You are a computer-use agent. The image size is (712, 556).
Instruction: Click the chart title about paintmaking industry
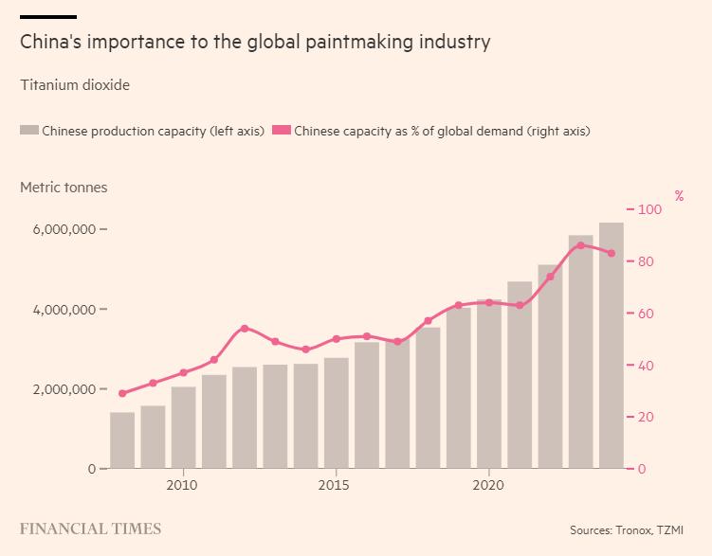click(x=255, y=42)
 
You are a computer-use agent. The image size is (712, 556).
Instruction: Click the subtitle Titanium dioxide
click(x=75, y=85)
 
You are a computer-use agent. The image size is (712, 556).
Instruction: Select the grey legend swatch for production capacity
click(x=29, y=131)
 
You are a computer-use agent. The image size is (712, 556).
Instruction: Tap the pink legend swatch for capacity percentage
click(x=281, y=131)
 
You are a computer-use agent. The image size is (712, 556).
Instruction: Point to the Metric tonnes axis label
click(x=64, y=188)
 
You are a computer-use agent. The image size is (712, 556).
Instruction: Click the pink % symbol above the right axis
click(x=679, y=196)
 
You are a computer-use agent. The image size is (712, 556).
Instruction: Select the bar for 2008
click(x=122, y=440)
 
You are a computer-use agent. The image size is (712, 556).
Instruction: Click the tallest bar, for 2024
click(x=612, y=346)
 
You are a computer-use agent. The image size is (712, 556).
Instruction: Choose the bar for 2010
click(x=183, y=427)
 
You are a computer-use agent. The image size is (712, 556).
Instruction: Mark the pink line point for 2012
click(x=245, y=329)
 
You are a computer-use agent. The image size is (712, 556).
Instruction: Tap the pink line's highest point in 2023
click(x=581, y=245)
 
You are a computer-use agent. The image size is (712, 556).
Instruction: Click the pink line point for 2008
click(x=122, y=393)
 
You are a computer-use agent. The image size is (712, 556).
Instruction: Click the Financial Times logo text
click(x=91, y=529)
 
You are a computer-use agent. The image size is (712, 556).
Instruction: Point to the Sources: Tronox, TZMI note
click(x=627, y=530)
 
